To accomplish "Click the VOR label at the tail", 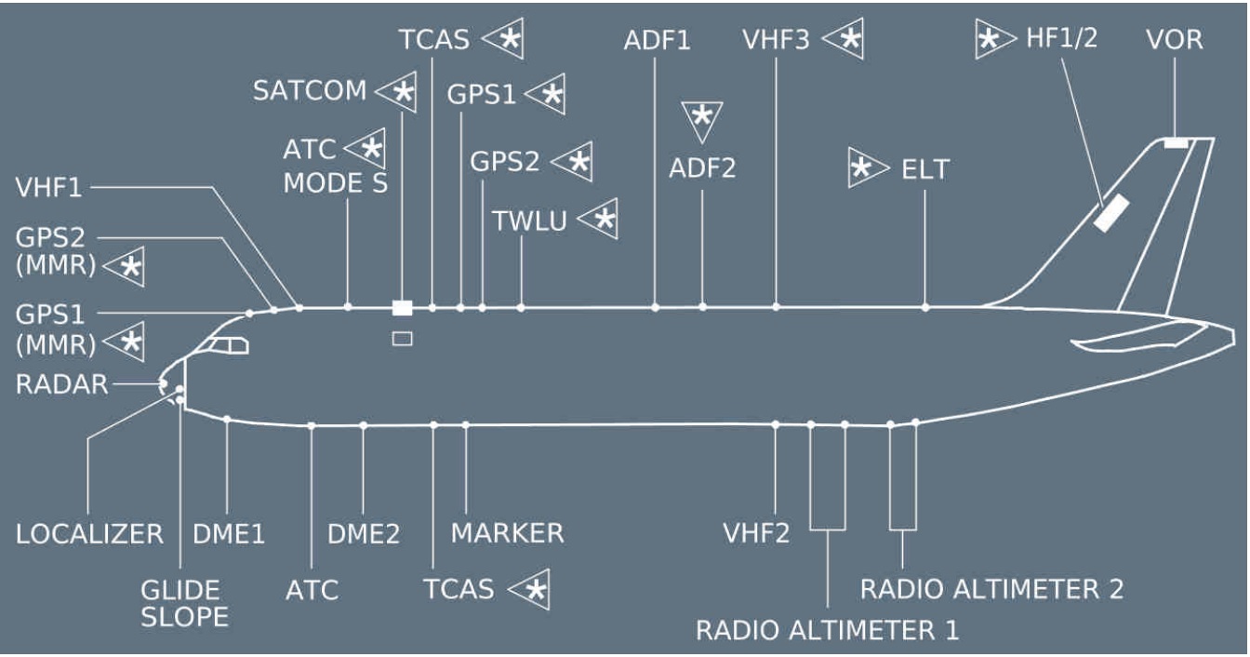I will pyautogui.click(x=1175, y=40).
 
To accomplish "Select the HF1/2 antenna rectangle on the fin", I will pyautogui.click(x=1110, y=213).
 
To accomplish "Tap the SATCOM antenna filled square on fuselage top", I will pyautogui.click(x=402, y=308).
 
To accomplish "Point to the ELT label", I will pyautogui.click(x=924, y=169).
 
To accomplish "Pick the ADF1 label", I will pyautogui.click(x=658, y=40).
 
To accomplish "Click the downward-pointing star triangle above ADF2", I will pyautogui.click(x=702, y=118).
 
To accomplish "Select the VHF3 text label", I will pyautogui.click(x=776, y=40).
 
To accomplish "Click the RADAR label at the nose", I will pyautogui.click(x=61, y=384).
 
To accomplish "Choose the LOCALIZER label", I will pyautogui.click(x=89, y=533).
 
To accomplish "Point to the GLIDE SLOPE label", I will pyautogui.click(x=184, y=603).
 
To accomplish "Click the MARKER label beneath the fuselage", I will pyautogui.click(x=507, y=533).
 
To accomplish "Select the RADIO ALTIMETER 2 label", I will pyautogui.click(x=991, y=589).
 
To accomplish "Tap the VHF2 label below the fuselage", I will pyautogui.click(x=756, y=533).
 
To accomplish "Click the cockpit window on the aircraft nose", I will pyautogui.click(x=228, y=346).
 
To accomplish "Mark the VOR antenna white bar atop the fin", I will pyautogui.click(x=1176, y=143).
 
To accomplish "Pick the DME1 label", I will pyautogui.click(x=229, y=533).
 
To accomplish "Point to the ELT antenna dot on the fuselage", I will pyautogui.click(x=925, y=307).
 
